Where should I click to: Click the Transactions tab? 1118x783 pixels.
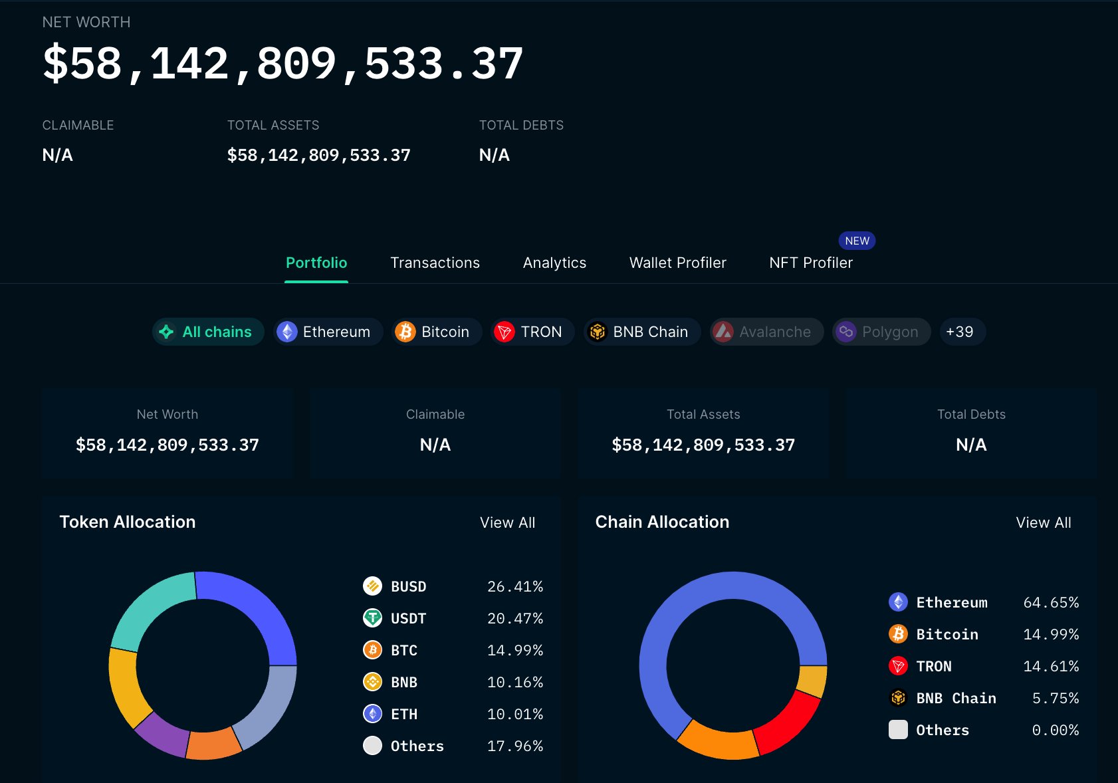pyautogui.click(x=435, y=263)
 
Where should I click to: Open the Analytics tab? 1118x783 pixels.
pyautogui.click(x=554, y=263)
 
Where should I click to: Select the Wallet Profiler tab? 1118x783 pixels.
pyautogui.click(x=677, y=263)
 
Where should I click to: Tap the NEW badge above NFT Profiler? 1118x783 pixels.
pyautogui.click(x=857, y=241)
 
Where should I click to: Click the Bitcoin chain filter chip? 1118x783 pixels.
pyautogui.click(x=437, y=332)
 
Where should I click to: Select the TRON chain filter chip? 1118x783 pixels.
pyautogui.click(x=532, y=332)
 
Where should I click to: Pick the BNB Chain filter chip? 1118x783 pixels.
pyautogui.click(x=641, y=332)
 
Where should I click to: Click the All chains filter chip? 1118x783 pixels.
pyautogui.click(x=208, y=332)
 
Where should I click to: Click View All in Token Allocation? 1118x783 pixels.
pyautogui.click(x=507, y=522)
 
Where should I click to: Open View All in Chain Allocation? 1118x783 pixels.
pyautogui.click(x=1043, y=522)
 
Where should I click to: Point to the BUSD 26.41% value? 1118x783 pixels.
pyautogui.click(x=514, y=586)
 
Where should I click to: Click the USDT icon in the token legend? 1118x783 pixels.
pyautogui.click(x=372, y=618)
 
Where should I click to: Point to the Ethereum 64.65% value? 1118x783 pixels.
pyautogui.click(x=1050, y=602)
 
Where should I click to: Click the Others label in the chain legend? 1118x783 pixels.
pyautogui.click(x=942, y=730)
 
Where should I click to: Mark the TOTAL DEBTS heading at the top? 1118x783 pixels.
pyautogui.click(x=521, y=125)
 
